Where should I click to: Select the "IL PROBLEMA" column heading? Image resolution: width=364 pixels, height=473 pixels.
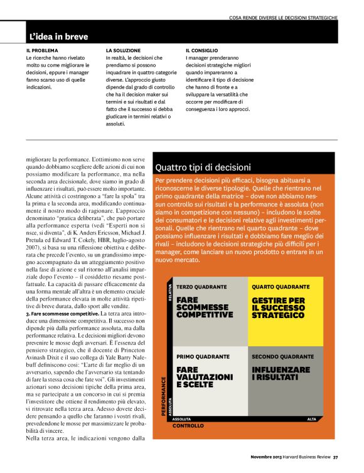click(x=42, y=50)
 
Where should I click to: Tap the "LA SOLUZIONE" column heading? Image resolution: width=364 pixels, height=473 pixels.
click(x=123, y=50)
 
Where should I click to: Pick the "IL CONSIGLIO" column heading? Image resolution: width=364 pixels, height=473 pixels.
click(x=203, y=50)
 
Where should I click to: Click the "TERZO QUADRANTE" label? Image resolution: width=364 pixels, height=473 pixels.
click(x=201, y=287)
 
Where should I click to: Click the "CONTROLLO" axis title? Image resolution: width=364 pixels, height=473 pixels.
click(x=188, y=426)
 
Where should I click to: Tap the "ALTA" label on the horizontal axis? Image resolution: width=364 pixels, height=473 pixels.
click(x=311, y=419)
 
